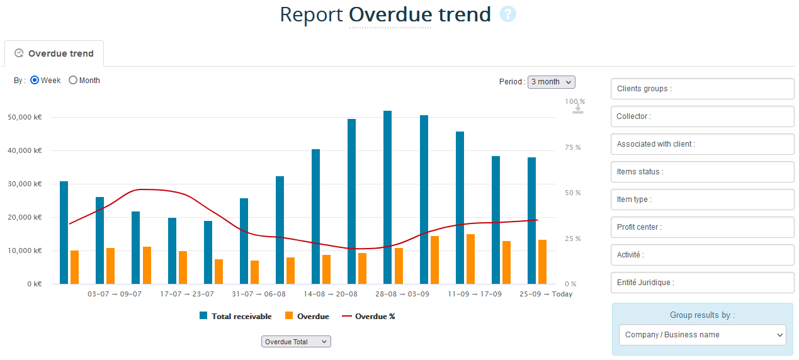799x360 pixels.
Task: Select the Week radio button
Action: coord(35,81)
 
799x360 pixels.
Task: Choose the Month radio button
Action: coord(73,81)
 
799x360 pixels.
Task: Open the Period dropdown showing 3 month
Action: coord(551,82)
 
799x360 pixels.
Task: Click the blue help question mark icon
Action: coord(507,14)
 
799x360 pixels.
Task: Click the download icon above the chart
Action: coord(578,109)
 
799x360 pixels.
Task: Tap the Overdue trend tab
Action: coord(54,53)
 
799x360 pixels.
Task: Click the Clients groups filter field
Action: coord(702,89)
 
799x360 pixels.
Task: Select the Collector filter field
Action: coord(702,116)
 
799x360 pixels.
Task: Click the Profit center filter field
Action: coord(702,227)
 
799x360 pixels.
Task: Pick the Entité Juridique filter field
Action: coord(702,283)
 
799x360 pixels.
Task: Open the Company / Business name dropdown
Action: coord(702,335)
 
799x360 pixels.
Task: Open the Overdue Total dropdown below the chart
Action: coord(296,342)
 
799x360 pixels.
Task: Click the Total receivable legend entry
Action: coord(235,317)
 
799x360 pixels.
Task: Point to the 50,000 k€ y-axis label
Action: coord(25,117)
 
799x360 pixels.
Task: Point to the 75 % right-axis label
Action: coord(572,147)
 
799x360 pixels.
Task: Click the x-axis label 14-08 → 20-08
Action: coord(331,294)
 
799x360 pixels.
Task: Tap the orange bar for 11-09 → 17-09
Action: coord(470,259)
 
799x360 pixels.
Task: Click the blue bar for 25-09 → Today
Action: coord(532,220)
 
